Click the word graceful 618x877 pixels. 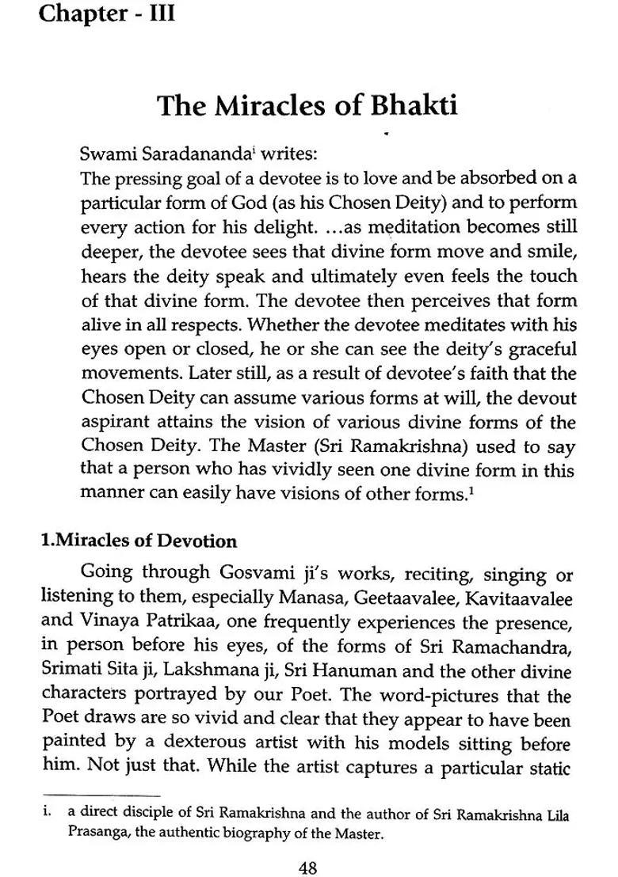pyautogui.click(x=540, y=349)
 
